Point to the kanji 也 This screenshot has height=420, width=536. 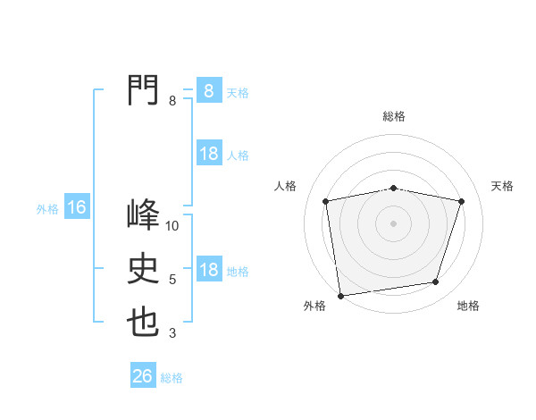point(143,323)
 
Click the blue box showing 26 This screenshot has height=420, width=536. point(143,376)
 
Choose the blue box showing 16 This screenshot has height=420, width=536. point(76,208)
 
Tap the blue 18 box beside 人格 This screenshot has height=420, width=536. point(208,154)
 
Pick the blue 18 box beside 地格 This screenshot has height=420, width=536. point(208,270)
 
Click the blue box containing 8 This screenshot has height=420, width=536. point(208,90)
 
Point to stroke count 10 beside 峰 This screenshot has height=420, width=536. point(172,226)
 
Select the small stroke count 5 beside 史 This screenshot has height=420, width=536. point(172,280)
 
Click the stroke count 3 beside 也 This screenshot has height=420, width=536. point(172,334)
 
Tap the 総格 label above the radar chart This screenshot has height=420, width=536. point(393,116)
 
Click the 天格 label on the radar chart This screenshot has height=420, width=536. point(503,186)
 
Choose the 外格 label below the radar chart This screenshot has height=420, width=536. point(314,306)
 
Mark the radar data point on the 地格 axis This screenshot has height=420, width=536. point(436,282)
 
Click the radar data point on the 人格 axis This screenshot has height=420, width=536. point(326,201)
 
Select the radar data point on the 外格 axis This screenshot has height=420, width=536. point(340,295)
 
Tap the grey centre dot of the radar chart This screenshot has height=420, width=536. point(393,223)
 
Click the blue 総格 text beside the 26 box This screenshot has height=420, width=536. point(172,378)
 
